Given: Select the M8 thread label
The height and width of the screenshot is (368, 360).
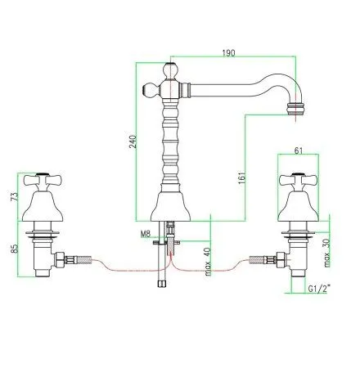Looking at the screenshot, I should tap(145, 235).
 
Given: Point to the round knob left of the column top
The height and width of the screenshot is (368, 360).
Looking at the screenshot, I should tap(149, 88).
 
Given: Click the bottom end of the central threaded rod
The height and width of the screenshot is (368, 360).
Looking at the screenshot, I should tap(161, 284).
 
